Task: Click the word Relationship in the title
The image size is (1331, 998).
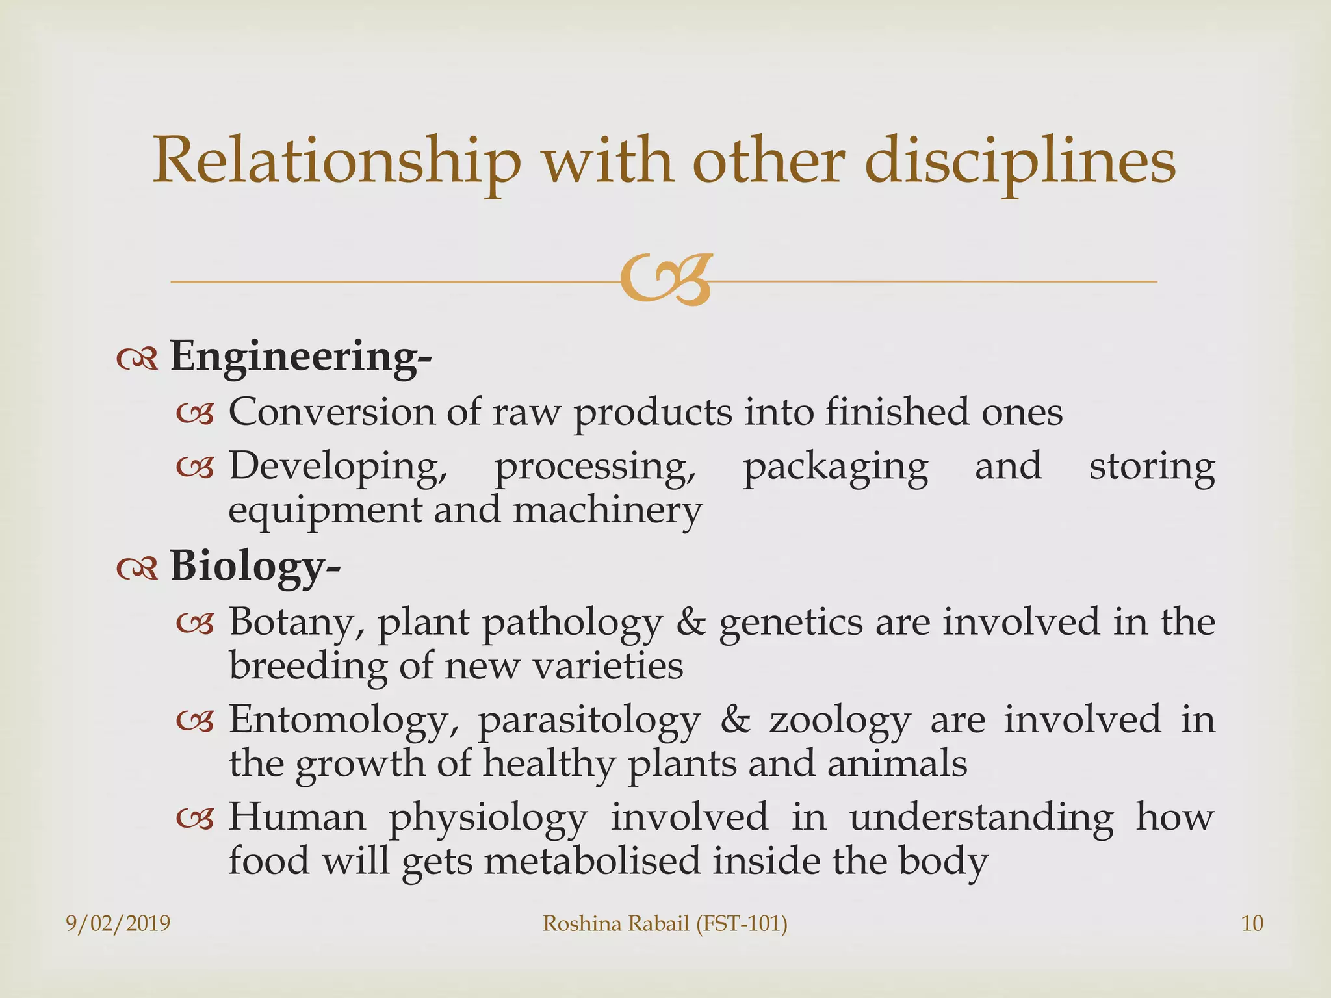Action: (x=336, y=161)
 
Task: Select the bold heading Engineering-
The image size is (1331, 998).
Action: (x=300, y=357)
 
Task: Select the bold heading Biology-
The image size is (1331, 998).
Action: (x=255, y=566)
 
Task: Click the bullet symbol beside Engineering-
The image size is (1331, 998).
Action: (x=137, y=359)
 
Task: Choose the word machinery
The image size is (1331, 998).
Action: (x=607, y=510)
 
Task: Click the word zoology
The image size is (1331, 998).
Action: (x=839, y=721)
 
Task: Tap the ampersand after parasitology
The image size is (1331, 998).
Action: (x=735, y=721)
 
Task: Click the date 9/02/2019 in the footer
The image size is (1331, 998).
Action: (x=118, y=923)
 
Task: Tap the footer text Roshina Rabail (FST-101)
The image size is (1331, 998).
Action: (x=665, y=923)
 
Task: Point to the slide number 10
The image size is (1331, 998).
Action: (x=1252, y=923)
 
